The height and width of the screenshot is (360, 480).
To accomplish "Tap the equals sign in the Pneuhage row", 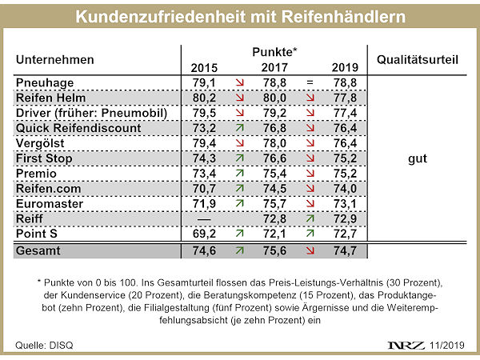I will click(x=309, y=82).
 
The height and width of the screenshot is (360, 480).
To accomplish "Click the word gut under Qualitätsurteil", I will click(x=416, y=158).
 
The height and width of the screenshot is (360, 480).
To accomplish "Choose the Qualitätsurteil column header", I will click(x=417, y=59).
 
